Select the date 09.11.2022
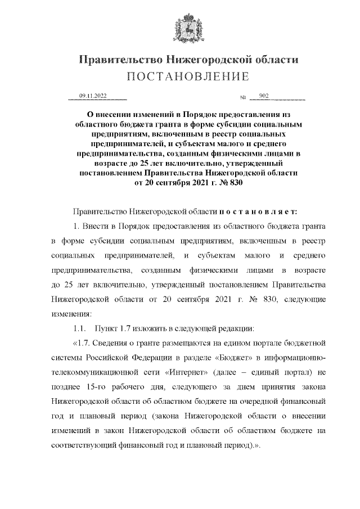[93, 96]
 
